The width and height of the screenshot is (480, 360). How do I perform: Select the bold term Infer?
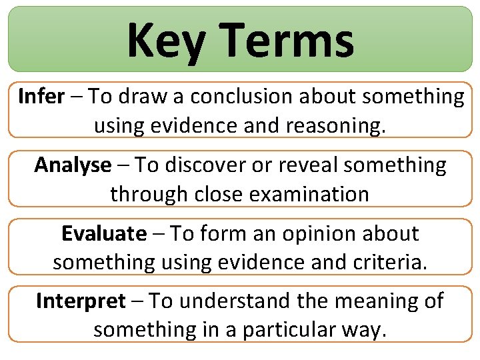[41, 97]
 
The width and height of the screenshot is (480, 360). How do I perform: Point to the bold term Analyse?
[73, 165]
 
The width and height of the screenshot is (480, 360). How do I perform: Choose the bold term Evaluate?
[103, 234]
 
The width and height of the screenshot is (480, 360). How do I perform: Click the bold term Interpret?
[80, 301]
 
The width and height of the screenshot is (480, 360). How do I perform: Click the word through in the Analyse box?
[141, 193]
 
